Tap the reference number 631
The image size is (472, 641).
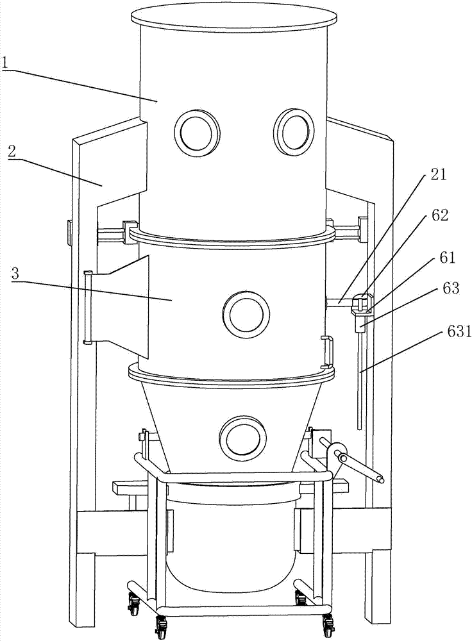[x=454, y=332]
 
